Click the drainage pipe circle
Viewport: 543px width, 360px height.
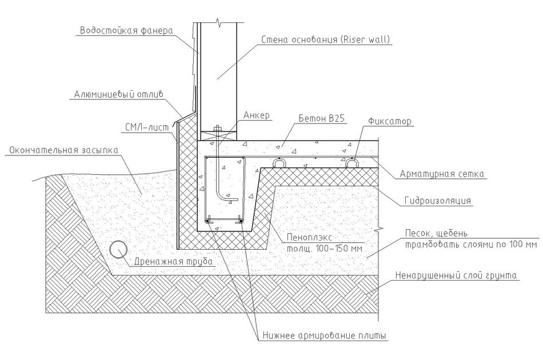[118, 249]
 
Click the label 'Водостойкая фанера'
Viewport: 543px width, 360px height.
[126, 30]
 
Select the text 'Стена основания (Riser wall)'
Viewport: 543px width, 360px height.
[325, 39]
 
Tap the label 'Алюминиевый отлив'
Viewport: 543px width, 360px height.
[118, 94]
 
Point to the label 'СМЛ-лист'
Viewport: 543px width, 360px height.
[147, 128]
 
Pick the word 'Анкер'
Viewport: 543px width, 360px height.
[257, 115]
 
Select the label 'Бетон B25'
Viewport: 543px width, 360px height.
[322, 118]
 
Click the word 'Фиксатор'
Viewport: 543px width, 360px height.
[390, 122]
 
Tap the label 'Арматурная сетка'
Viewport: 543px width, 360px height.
[442, 174]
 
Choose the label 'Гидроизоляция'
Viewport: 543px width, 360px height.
[438, 201]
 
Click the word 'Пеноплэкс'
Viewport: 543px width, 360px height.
[309, 238]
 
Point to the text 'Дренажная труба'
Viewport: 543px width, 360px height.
[174, 261]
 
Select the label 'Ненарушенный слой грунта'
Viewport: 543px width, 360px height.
[456, 275]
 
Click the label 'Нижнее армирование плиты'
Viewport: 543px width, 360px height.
[324, 335]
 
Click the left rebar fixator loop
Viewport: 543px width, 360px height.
[279, 163]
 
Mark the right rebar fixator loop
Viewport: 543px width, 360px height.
[352, 163]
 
